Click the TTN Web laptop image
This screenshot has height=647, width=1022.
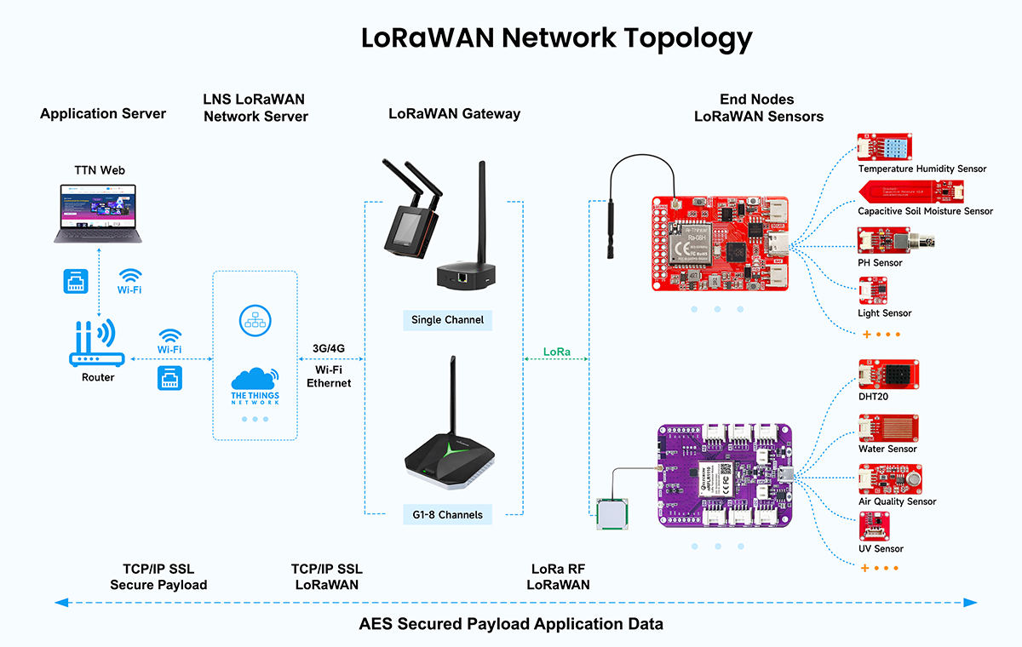click(x=99, y=213)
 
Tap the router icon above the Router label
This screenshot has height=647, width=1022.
click(x=96, y=344)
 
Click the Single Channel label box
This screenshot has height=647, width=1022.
click(x=447, y=320)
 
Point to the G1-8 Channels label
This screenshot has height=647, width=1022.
click(x=447, y=514)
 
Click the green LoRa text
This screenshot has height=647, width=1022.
click(x=557, y=352)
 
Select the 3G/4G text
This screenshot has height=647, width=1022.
click(x=329, y=348)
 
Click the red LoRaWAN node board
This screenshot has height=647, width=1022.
click(x=720, y=243)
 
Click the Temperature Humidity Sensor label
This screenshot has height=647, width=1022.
click(x=922, y=169)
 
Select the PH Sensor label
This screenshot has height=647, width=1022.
click(x=880, y=263)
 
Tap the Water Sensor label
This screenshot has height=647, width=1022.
click(x=887, y=449)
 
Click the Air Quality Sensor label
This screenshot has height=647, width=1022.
click(x=897, y=501)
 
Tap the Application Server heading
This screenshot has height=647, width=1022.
click(x=103, y=113)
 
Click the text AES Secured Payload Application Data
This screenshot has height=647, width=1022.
click(x=511, y=624)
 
